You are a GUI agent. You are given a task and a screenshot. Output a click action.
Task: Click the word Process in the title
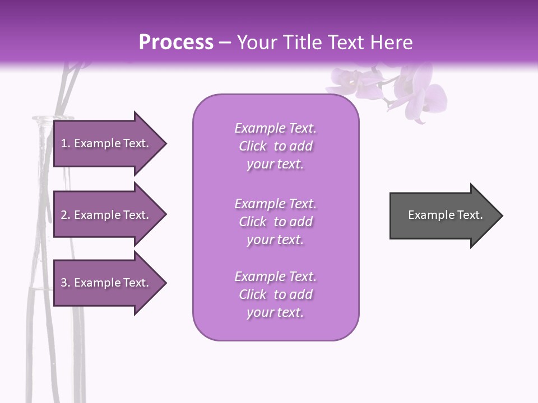176,43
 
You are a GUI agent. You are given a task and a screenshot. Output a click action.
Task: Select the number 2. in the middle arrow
65,215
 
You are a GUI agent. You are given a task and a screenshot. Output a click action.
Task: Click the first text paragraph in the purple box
275,146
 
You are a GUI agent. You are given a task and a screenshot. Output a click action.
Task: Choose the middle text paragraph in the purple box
275,222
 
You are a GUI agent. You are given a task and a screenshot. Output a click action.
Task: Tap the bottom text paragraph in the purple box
275,294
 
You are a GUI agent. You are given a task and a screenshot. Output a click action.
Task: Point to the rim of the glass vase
53,118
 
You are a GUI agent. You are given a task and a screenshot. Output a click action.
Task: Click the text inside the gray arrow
445,215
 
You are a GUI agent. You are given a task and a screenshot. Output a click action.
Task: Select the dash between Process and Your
225,43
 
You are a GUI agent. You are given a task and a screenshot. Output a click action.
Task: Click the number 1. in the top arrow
65,143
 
